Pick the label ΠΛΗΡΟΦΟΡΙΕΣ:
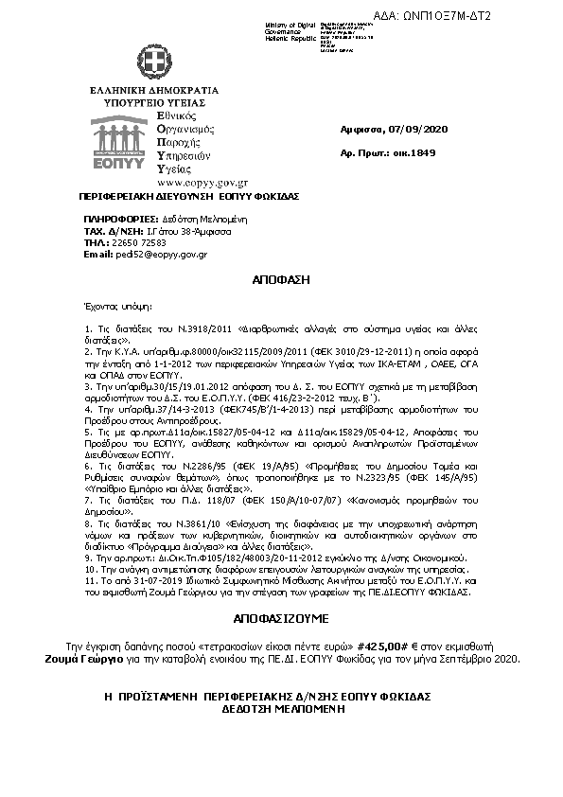pyautogui.click(x=116, y=218)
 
